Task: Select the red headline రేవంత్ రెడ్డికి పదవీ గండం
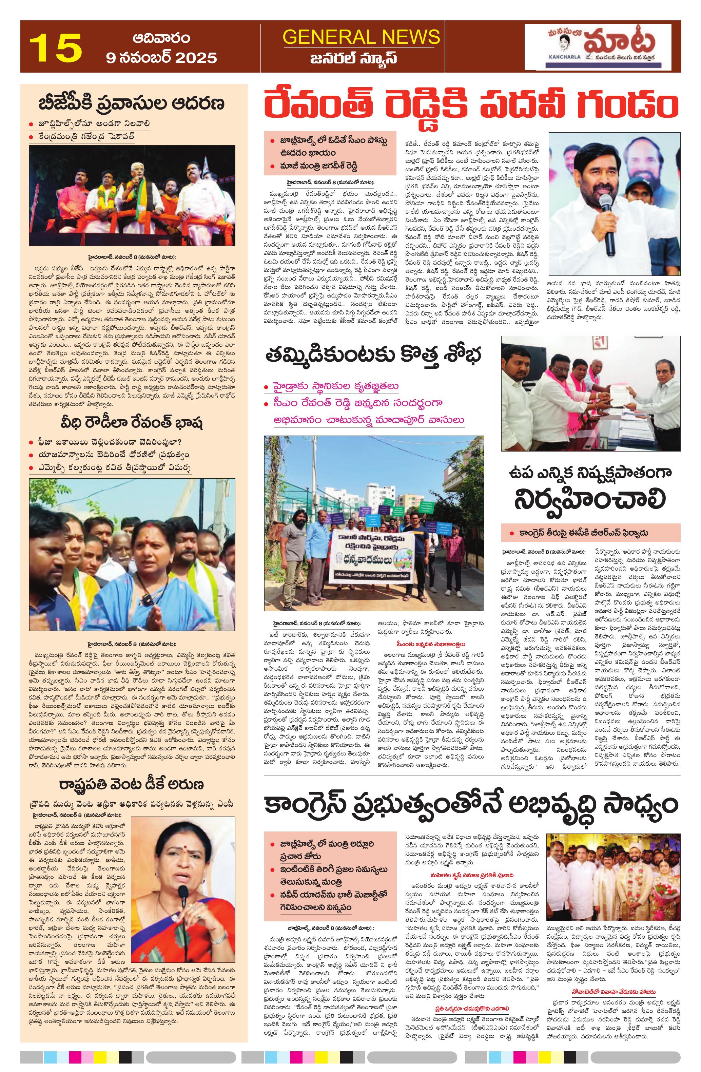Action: (x=471, y=104)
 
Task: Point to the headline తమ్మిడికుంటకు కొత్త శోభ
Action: (x=374, y=356)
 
